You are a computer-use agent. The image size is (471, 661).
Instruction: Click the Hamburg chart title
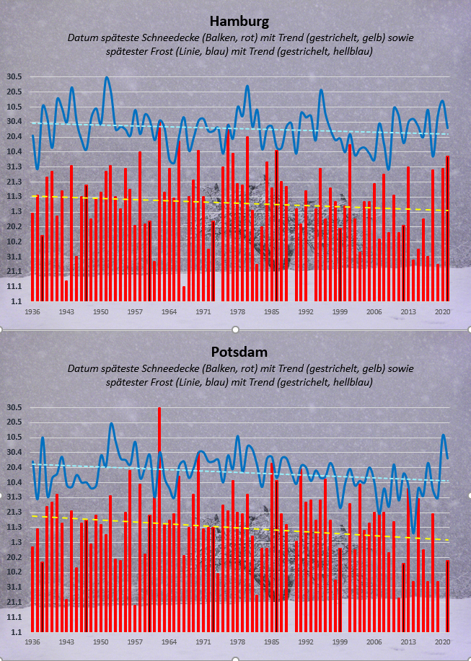[234, 22]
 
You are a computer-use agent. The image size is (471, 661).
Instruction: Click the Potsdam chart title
[235, 352]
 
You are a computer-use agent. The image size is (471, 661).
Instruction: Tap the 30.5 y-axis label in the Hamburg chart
[14, 77]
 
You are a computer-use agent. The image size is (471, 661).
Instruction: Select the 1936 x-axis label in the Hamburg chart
[32, 312]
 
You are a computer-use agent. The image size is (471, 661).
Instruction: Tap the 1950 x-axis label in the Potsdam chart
[100, 641]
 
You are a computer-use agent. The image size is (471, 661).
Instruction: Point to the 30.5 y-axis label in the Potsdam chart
[14, 408]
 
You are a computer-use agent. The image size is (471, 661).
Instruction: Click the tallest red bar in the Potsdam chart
[159, 519]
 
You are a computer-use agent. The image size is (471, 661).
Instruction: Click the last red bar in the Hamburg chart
[447, 228]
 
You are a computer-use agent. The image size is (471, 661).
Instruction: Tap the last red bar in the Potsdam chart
[447, 595]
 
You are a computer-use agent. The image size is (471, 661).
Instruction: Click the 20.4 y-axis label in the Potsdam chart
[14, 467]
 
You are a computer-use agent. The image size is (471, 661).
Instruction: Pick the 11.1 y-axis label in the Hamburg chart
[14, 286]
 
